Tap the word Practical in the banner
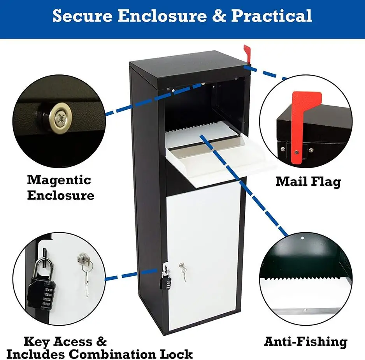click(x=272, y=16)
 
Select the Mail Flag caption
click(x=308, y=182)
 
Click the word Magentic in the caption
click(x=59, y=180)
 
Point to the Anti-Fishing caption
click(x=305, y=342)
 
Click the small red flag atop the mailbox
click(x=247, y=53)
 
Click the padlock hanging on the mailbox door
click(x=165, y=278)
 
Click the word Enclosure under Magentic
click(x=60, y=195)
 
